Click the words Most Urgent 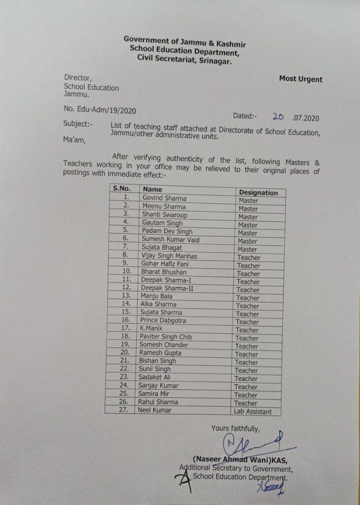pos(300,79)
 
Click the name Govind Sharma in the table pos(164,198)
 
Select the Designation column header pos(258,193)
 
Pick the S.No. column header pos(122,188)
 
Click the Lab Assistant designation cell pos(253,411)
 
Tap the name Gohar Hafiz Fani pos(164,264)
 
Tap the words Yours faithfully pos(235,428)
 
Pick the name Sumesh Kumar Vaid pos(170,240)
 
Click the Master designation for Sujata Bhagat pos(248,250)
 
